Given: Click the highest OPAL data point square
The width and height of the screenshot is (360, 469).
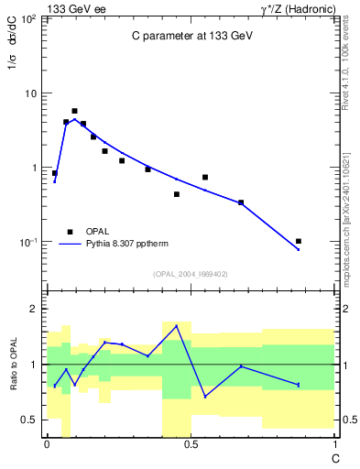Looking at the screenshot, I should click(x=75, y=111).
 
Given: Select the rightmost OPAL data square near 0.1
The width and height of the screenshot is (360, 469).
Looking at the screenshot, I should click(x=299, y=241).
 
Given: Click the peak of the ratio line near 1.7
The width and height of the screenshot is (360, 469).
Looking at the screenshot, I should click(x=177, y=326).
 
